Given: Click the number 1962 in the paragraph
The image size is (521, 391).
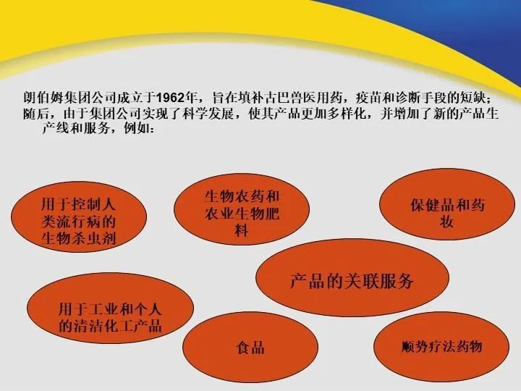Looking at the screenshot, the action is (170, 98).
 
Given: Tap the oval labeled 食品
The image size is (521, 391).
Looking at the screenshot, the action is (250, 347).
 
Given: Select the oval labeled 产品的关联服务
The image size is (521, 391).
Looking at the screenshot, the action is (352, 277).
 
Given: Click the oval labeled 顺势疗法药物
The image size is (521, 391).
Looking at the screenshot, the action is (441, 346).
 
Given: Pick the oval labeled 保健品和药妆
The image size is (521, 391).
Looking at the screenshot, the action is (447, 203).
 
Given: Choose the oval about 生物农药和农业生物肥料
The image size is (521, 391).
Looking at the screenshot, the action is (242, 209).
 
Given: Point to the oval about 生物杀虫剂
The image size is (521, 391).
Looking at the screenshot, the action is (79, 216).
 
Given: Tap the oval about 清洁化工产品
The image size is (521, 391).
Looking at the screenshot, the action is (110, 308).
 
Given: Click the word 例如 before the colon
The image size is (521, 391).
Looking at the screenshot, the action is (137, 128).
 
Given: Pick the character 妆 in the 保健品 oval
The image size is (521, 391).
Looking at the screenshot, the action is (447, 221).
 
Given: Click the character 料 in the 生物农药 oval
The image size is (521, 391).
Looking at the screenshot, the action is (242, 230).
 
